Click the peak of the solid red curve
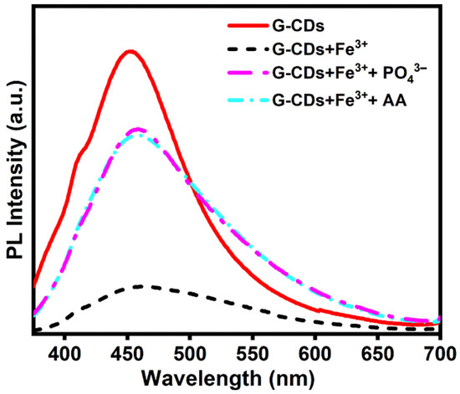click(128, 51)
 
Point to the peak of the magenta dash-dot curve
click(137, 129)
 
